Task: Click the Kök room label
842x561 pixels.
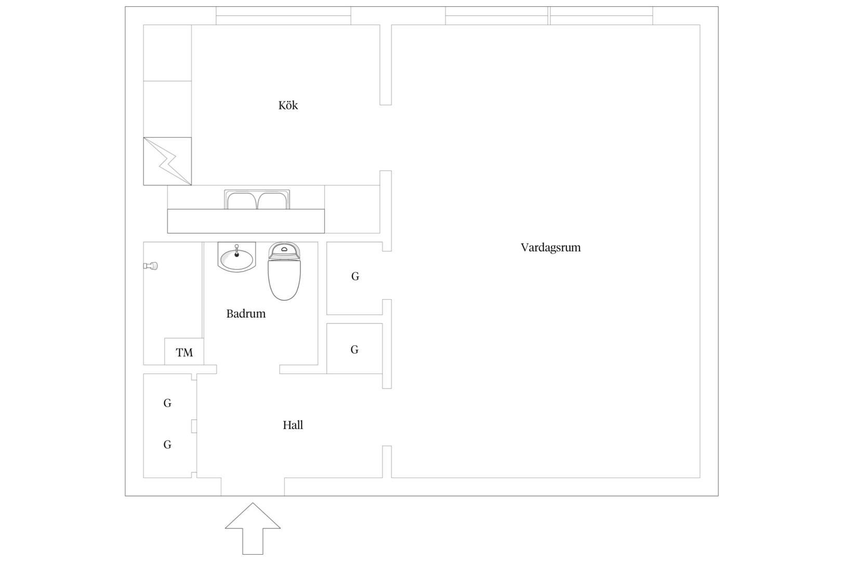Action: pyautogui.click(x=288, y=105)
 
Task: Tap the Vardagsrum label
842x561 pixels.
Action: pyautogui.click(x=551, y=247)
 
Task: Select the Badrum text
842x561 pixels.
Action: pyautogui.click(x=246, y=313)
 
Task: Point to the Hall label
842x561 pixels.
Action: pyautogui.click(x=293, y=425)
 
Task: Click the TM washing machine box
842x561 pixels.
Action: pyautogui.click(x=184, y=352)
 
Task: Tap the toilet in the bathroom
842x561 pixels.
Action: pyautogui.click(x=284, y=271)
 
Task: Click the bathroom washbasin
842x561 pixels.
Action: pyautogui.click(x=236, y=257)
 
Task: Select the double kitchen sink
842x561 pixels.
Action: pyautogui.click(x=257, y=199)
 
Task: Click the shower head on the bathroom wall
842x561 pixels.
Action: pyautogui.click(x=151, y=266)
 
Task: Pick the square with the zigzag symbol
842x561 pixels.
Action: pyautogui.click(x=167, y=161)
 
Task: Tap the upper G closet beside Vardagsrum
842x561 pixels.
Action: pyautogui.click(x=355, y=276)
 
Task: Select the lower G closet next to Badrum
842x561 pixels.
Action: pyautogui.click(x=354, y=350)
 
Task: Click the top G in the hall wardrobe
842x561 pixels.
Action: pyautogui.click(x=167, y=403)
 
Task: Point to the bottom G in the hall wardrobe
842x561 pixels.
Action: pyautogui.click(x=167, y=445)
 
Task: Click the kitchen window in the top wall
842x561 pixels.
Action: pyautogui.click(x=283, y=16)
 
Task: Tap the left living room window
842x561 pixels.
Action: pyautogui.click(x=496, y=16)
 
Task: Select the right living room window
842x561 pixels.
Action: pyautogui.click(x=601, y=16)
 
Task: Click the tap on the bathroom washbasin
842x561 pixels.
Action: pyautogui.click(x=237, y=250)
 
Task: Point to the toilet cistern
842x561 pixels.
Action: pyautogui.click(x=284, y=250)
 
